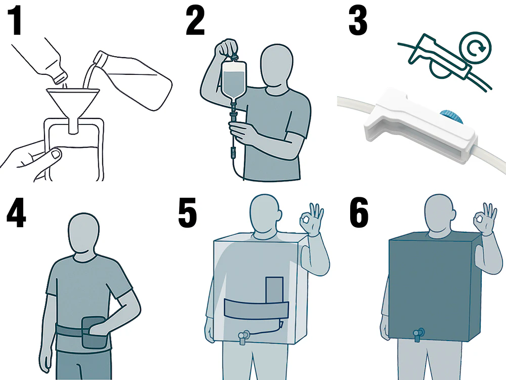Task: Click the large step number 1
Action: [15, 21]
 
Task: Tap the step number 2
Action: [195, 21]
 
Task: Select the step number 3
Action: [358, 21]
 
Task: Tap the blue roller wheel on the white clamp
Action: [451, 116]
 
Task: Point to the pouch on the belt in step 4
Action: [93, 332]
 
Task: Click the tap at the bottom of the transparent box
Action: [243, 336]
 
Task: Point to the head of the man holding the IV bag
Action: [277, 68]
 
